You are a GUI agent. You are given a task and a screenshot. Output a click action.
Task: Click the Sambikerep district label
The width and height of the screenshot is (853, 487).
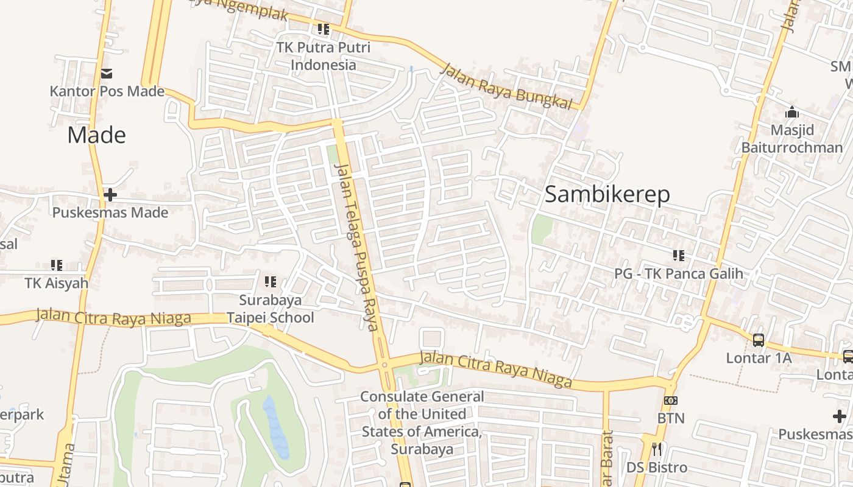pyautogui.click(x=607, y=194)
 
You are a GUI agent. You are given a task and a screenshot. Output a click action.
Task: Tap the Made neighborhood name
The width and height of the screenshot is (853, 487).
pyautogui.click(x=96, y=135)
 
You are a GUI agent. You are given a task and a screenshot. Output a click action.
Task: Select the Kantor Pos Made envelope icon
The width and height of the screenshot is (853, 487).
pyautogui.click(x=107, y=74)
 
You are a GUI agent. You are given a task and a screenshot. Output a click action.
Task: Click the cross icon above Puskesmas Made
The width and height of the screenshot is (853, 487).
pyautogui.click(x=110, y=195)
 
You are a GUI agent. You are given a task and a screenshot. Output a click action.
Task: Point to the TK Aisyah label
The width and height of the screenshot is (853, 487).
pyautogui.click(x=56, y=283)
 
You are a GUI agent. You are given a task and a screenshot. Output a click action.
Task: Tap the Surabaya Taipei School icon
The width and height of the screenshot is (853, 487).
pyautogui.click(x=271, y=282)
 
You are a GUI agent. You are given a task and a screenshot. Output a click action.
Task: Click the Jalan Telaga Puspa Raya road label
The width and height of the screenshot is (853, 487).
pyautogui.click(x=357, y=247)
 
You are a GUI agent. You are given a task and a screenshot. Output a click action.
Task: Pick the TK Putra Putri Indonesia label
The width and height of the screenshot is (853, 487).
pyautogui.click(x=323, y=56)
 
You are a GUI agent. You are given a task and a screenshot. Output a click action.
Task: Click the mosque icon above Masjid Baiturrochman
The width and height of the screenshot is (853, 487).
pyautogui.click(x=792, y=112)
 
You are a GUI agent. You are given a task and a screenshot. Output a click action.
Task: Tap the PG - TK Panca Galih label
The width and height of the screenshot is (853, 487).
pyautogui.click(x=679, y=273)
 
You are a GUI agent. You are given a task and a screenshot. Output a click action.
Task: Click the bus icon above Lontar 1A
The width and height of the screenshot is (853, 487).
pyautogui.click(x=758, y=340)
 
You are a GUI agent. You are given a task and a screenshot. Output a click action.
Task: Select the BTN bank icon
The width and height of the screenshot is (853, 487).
pyautogui.click(x=671, y=401)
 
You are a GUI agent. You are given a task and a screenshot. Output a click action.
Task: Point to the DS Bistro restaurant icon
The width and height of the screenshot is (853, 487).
pyautogui.click(x=657, y=449)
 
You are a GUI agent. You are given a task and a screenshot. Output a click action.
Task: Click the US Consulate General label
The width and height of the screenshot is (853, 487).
pyautogui.click(x=422, y=423)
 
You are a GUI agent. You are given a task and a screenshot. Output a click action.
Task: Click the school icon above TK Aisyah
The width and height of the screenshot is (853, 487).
pyautogui.click(x=57, y=265)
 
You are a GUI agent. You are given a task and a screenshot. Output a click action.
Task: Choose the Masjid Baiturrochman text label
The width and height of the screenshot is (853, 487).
pyautogui.click(x=791, y=139)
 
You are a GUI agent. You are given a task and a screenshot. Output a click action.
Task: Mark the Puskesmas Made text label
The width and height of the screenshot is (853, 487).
pyautogui.click(x=110, y=212)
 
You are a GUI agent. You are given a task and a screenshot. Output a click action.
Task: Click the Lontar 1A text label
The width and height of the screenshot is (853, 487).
pyautogui.click(x=759, y=358)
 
